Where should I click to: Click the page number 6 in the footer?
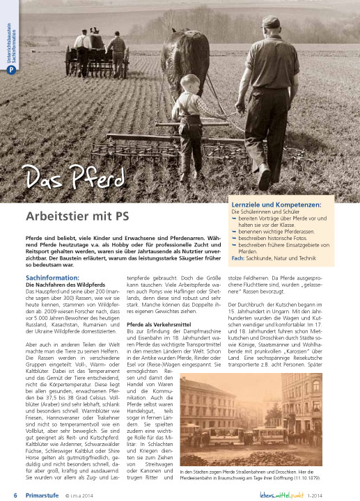click(x=15, y=495)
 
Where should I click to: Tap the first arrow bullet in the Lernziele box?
click(x=234, y=219)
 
